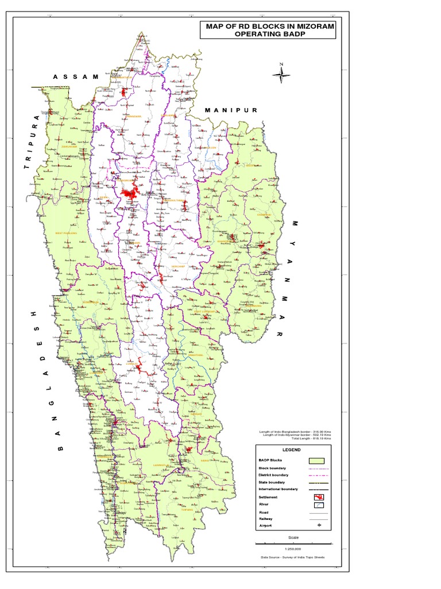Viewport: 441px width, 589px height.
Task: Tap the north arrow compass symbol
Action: pyautogui.click(x=281, y=73)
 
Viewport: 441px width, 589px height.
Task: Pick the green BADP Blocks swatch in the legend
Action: pyautogui.click(x=316, y=461)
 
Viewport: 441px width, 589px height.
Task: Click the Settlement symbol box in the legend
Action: pyautogui.click(x=316, y=497)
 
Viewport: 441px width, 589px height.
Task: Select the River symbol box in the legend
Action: pyautogui.click(x=316, y=506)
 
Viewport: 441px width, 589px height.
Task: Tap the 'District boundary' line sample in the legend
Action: pyautogui.click(x=316, y=475)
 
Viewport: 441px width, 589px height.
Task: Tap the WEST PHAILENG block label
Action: pyautogui.click(x=66, y=233)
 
